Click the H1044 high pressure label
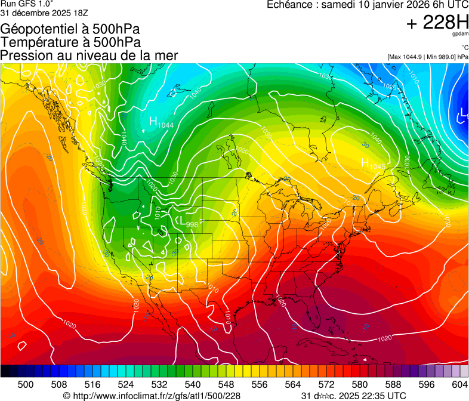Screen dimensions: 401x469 (x=161, y=123)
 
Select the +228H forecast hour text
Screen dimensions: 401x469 (x=437, y=23)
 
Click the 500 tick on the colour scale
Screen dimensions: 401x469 (x=26, y=385)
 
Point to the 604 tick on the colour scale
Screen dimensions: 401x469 (x=459, y=385)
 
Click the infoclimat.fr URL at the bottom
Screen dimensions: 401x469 (x=152, y=396)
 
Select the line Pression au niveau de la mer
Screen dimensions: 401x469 (x=89, y=55)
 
